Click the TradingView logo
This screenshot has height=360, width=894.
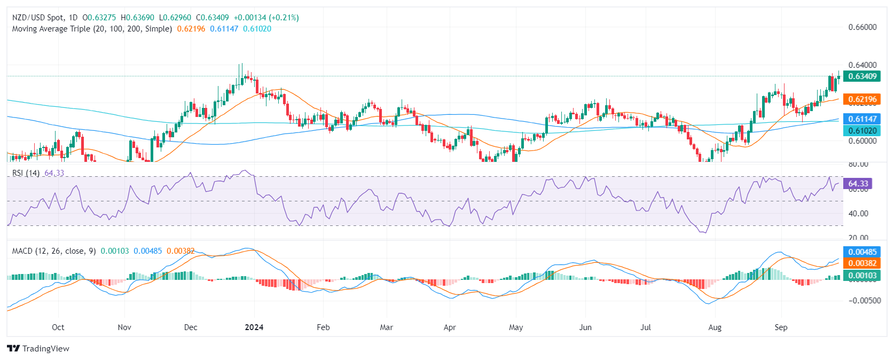tap(38, 349)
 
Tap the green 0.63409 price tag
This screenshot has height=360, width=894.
tap(862, 76)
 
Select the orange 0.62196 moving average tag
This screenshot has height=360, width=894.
tap(862, 99)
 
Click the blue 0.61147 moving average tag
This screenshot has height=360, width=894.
tap(862, 119)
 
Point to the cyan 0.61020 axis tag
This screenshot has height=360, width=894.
tap(862, 131)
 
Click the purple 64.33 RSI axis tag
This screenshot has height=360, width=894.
tap(858, 184)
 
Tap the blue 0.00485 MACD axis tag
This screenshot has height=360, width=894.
tap(862, 252)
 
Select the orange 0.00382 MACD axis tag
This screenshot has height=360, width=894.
tap(862, 263)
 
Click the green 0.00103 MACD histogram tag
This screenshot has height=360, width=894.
tap(862, 276)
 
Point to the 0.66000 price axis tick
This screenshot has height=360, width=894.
tap(862, 27)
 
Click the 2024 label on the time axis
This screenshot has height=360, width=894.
tap(254, 327)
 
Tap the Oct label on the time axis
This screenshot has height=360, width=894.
tap(58, 327)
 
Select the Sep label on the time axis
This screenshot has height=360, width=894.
tap(781, 327)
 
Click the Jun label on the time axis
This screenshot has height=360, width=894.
tap(585, 327)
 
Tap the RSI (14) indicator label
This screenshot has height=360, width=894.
tap(26, 173)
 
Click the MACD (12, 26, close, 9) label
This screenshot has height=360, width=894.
tap(54, 251)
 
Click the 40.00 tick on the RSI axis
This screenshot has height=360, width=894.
tap(858, 214)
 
